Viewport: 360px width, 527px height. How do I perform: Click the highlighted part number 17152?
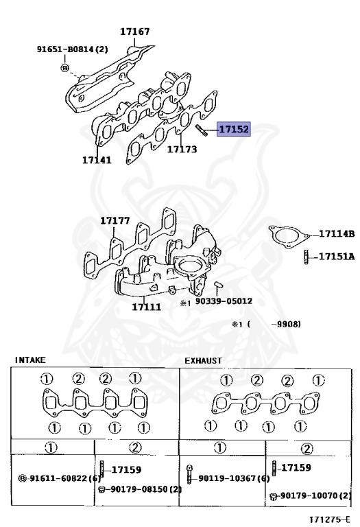(x=234, y=129)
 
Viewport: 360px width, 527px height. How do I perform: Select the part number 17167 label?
(x=135, y=32)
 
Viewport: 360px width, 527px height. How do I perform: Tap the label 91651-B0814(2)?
(x=73, y=49)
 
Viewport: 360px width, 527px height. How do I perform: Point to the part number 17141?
(x=97, y=160)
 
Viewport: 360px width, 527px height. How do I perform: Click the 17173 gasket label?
(x=182, y=149)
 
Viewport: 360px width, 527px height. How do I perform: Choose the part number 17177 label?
(x=115, y=220)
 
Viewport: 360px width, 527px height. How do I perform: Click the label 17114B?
(x=337, y=233)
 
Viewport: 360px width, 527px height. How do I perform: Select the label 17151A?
(x=337, y=257)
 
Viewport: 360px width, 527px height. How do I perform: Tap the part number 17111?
(x=147, y=307)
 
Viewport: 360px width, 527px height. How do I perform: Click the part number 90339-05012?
(x=224, y=301)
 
